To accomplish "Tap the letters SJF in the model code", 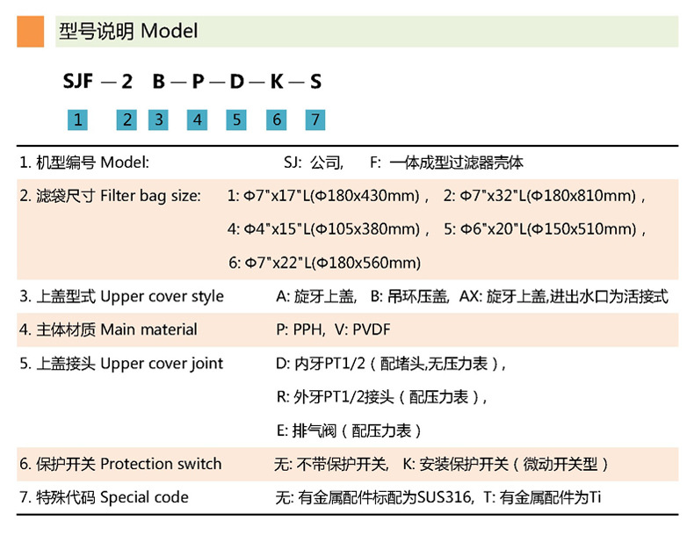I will (77, 83).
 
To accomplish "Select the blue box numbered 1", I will (78, 119).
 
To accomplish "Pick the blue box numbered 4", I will (198, 119).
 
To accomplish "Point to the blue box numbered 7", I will (314, 119).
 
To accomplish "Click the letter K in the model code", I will (276, 83).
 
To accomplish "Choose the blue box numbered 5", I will (236, 119).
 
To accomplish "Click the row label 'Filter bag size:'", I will (151, 196).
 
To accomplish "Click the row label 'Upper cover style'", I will (162, 296).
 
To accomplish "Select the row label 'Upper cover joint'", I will (162, 363).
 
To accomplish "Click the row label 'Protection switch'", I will (161, 463).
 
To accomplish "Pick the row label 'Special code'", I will (144, 497).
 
